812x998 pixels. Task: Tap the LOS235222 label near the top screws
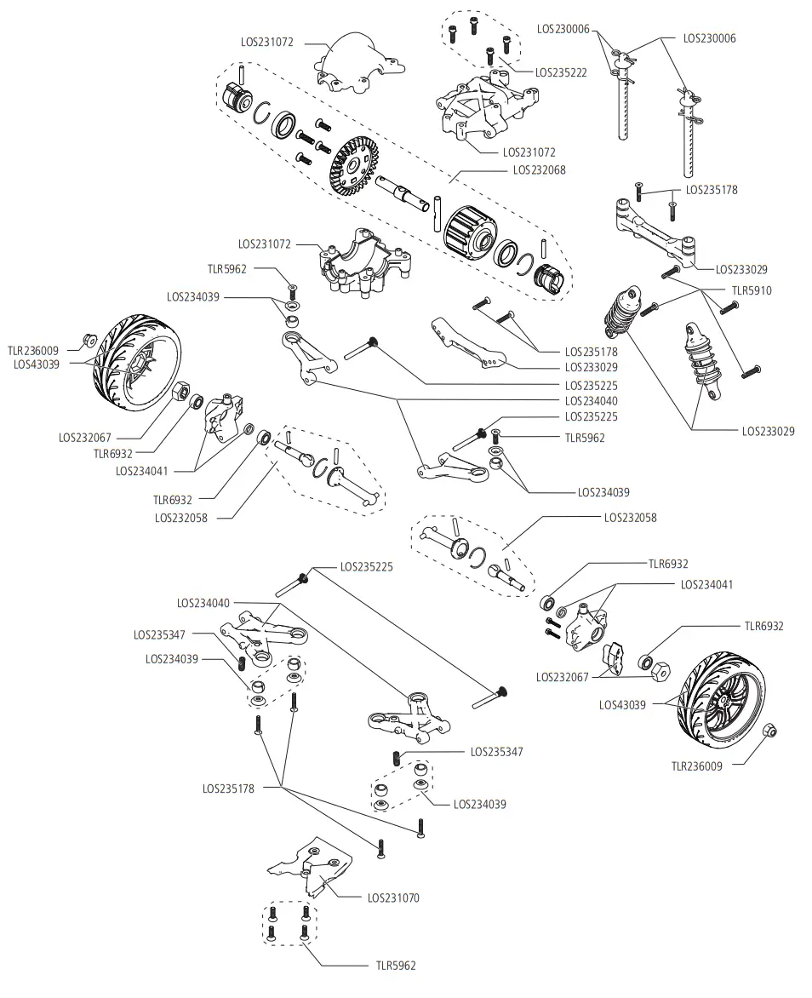tap(561, 73)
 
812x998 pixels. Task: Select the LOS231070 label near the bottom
tap(393, 898)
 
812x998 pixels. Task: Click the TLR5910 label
tap(750, 290)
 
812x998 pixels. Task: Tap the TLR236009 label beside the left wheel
tap(33, 349)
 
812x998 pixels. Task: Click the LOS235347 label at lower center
tap(497, 752)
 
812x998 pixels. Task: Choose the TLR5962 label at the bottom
tap(396, 966)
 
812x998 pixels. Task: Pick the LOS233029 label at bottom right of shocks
tap(768, 432)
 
